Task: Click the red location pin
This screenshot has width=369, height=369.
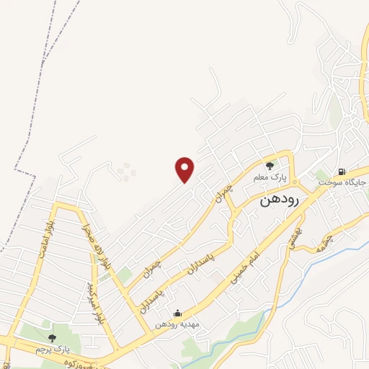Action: (x=185, y=169)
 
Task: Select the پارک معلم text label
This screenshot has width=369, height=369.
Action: (x=270, y=177)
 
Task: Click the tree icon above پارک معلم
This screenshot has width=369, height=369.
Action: (x=270, y=166)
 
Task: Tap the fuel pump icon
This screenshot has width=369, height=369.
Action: (x=340, y=172)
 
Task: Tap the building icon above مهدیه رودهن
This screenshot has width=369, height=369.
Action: (x=177, y=314)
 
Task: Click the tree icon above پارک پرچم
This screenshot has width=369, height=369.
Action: (x=51, y=337)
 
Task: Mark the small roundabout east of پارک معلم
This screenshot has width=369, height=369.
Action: (x=295, y=175)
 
